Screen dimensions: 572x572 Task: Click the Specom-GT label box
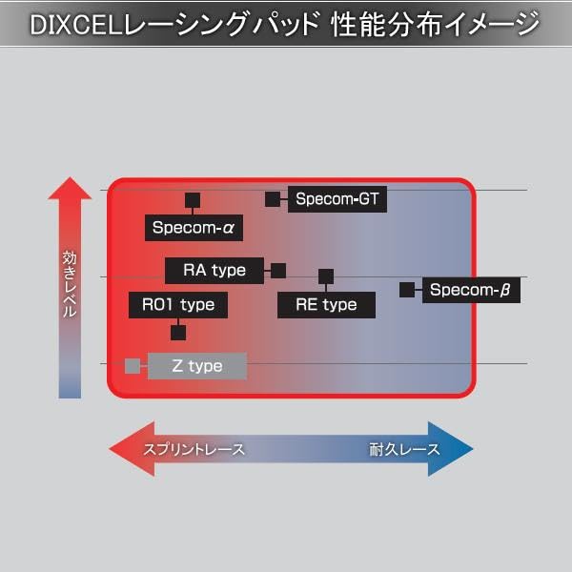point(337,200)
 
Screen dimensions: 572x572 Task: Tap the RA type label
point(214,271)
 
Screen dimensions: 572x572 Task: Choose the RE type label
point(326,305)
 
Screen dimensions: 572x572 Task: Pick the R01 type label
point(178,305)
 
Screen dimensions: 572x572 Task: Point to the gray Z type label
point(197,366)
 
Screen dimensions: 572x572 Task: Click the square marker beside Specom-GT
point(273,200)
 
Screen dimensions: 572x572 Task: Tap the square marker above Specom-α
point(192,200)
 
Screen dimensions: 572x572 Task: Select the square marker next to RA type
point(278,271)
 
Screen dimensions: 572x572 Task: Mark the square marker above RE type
point(326,276)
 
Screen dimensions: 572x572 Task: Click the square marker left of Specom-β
point(406,290)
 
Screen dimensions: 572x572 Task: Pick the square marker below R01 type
point(178,333)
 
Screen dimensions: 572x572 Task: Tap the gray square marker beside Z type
point(132,366)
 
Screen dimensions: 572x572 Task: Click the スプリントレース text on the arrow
point(194,449)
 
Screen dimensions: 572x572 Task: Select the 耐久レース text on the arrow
point(404,449)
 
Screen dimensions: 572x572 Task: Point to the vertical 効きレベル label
point(70,283)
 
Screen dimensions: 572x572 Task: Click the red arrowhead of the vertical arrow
point(70,189)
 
